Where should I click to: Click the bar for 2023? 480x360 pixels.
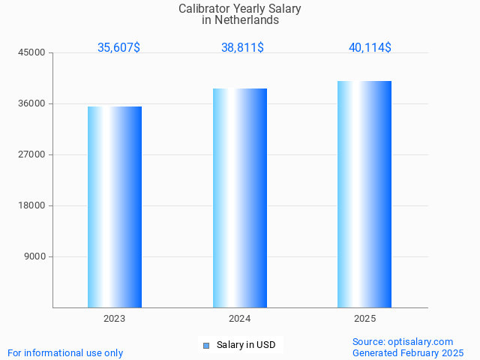pos(115,207)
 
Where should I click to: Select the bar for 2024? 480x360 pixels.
pos(240,198)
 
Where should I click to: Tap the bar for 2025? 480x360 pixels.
pos(364,194)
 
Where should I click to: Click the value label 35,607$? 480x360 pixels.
pos(118,47)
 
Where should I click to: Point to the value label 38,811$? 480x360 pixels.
pos(242,47)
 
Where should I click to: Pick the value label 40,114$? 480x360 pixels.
pos(370,47)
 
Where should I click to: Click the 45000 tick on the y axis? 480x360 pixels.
pos(33,52)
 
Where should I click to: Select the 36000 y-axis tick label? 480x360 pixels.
pos(33,103)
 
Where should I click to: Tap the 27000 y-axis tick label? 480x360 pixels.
pos(33,154)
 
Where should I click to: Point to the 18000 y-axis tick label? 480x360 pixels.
pos(33,205)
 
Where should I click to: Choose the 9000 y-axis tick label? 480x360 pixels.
pos(35,256)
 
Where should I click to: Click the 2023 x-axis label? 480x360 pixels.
pos(115,319)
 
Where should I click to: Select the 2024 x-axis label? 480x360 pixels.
pos(240,319)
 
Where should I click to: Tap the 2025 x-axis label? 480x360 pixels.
pos(364,319)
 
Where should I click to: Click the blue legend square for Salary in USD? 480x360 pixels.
pos(206,346)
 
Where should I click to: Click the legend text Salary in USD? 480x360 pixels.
pos(246,345)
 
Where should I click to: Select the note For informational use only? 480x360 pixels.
pos(65,352)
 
